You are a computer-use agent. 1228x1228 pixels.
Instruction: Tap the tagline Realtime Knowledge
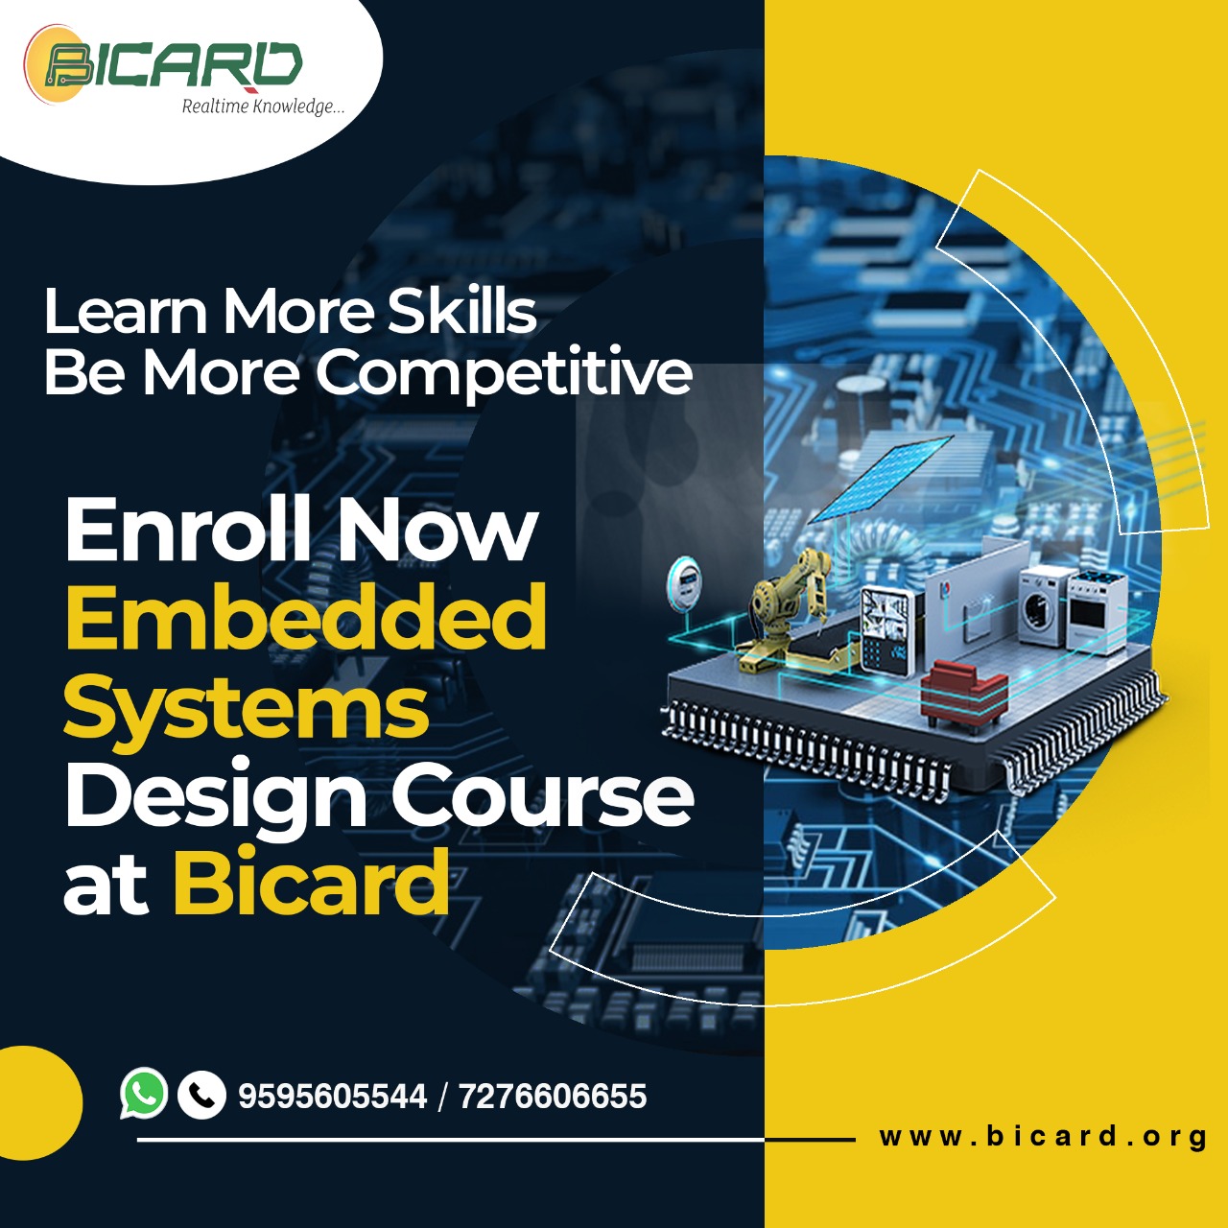click(x=263, y=106)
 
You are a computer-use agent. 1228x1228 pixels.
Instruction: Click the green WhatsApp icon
click(x=144, y=1093)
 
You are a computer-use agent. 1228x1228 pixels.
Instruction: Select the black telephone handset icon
click(x=201, y=1096)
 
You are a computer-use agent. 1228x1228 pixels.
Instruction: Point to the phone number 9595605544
click(x=333, y=1097)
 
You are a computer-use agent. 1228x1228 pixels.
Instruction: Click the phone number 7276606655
click(x=553, y=1097)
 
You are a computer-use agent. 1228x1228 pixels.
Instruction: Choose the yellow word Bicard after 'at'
click(x=311, y=882)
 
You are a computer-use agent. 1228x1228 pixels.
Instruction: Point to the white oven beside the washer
click(x=1097, y=611)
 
